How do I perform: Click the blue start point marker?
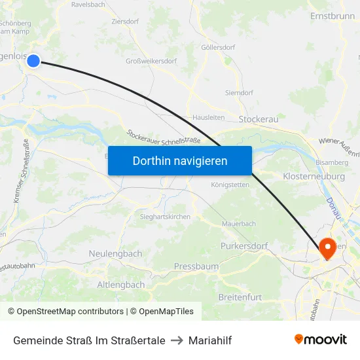pos(33,61)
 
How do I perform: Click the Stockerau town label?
pos(259,119)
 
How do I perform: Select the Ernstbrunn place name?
pos(332,15)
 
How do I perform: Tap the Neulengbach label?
pos(115,253)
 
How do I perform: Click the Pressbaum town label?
pos(196,266)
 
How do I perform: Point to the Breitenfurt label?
pos(240,297)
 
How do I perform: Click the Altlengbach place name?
pos(120,285)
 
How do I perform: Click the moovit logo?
pos(320,340)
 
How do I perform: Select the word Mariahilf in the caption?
pos(210,340)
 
